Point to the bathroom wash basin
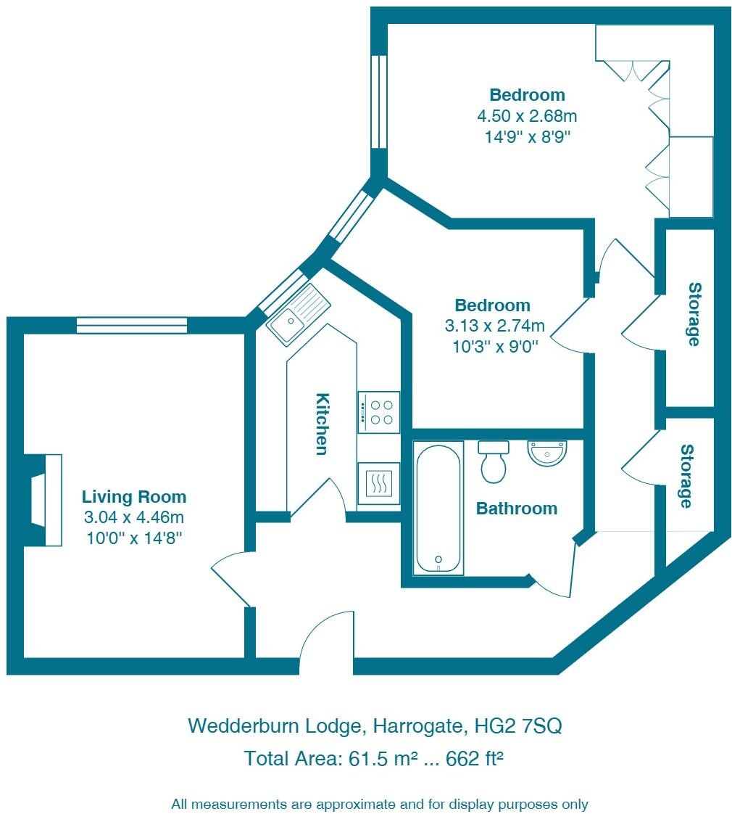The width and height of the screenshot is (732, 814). pos(547,453)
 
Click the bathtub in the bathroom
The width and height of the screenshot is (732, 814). pos(438,508)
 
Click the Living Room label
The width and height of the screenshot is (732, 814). pos(134,497)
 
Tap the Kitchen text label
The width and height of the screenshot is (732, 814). pos(323,424)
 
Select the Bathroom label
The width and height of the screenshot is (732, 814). pos(516,509)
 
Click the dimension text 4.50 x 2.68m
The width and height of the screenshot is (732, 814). pos(527,115)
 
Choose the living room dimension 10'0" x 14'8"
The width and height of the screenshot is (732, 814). pos(134,538)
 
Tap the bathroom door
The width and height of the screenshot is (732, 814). pos(556,570)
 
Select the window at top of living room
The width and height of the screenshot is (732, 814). pos(132,326)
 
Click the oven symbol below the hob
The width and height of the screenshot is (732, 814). pos(378,482)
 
